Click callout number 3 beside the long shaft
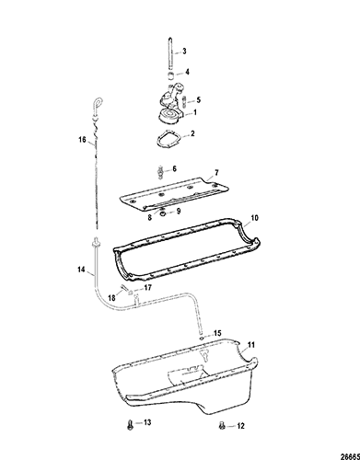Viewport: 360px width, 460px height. pos(184,51)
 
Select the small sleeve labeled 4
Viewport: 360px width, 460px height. pos(171,75)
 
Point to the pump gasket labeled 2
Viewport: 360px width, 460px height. pos(168,141)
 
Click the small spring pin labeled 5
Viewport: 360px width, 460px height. pos(184,101)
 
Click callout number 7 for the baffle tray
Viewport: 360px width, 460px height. pos(216,173)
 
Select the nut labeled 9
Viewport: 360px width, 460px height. pos(164,213)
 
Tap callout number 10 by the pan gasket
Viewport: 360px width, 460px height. pos(254,218)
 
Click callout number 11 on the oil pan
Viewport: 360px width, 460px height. pos(251,345)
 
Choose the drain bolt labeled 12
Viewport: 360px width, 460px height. pos(222,425)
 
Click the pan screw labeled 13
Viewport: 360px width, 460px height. pos(130,425)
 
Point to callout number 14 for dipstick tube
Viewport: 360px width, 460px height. pos(81,270)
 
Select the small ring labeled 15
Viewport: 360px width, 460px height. pos(201,338)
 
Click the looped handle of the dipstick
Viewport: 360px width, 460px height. pos(99,103)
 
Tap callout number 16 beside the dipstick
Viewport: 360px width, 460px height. pos(82,140)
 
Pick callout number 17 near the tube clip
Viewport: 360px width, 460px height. pos(147,287)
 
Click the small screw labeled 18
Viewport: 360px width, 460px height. pos(124,288)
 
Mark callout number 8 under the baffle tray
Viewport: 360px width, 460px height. pos(149,218)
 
